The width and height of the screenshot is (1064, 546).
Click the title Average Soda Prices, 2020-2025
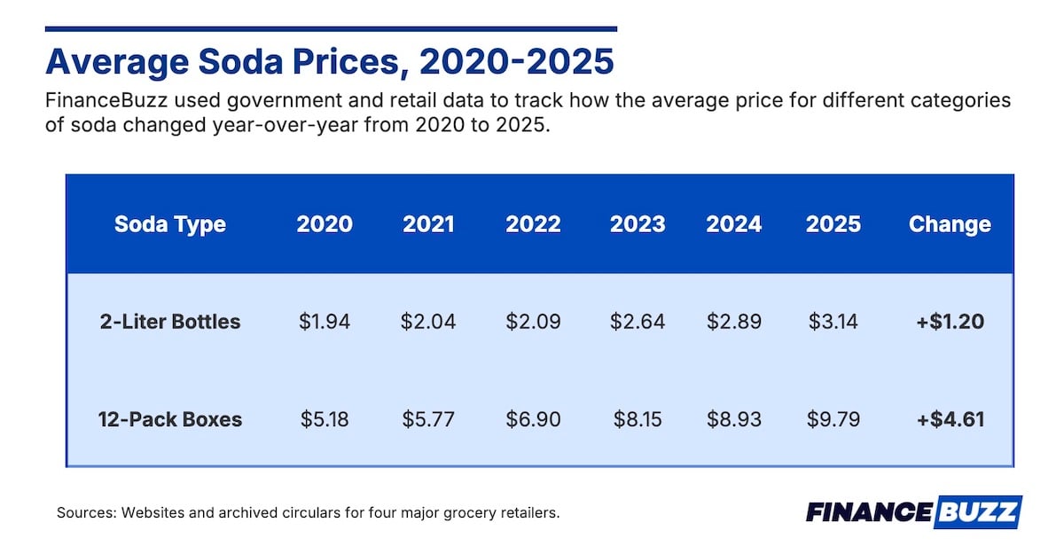[x=329, y=62]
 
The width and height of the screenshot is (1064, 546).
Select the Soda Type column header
[x=169, y=224]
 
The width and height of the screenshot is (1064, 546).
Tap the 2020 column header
[x=325, y=224]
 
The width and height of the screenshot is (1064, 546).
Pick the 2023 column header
[x=638, y=224]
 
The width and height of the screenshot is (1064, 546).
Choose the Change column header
[x=950, y=224]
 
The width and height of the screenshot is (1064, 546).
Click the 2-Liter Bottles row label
[x=170, y=321]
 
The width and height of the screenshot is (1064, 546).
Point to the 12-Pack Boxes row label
[x=170, y=418]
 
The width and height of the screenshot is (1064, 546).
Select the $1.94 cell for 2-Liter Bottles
[x=325, y=321]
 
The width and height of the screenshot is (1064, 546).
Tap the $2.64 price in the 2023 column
[x=638, y=321]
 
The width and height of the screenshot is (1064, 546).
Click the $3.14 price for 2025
[x=833, y=321]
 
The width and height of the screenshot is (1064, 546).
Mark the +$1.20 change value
[x=950, y=321]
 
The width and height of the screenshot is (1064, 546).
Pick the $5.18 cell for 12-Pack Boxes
[x=325, y=418]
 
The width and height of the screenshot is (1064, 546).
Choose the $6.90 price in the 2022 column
[x=533, y=418]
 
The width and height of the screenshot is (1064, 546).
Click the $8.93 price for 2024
[x=734, y=418]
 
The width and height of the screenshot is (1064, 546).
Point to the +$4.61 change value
[x=950, y=418]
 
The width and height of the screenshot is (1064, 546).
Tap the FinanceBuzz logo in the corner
[x=913, y=512]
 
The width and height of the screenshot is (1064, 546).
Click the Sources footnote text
[x=308, y=512]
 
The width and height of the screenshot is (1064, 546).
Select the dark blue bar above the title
[x=331, y=29]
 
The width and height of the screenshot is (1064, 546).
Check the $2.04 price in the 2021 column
[x=428, y=321]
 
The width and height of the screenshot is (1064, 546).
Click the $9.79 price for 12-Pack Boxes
[x=833, y=418]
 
